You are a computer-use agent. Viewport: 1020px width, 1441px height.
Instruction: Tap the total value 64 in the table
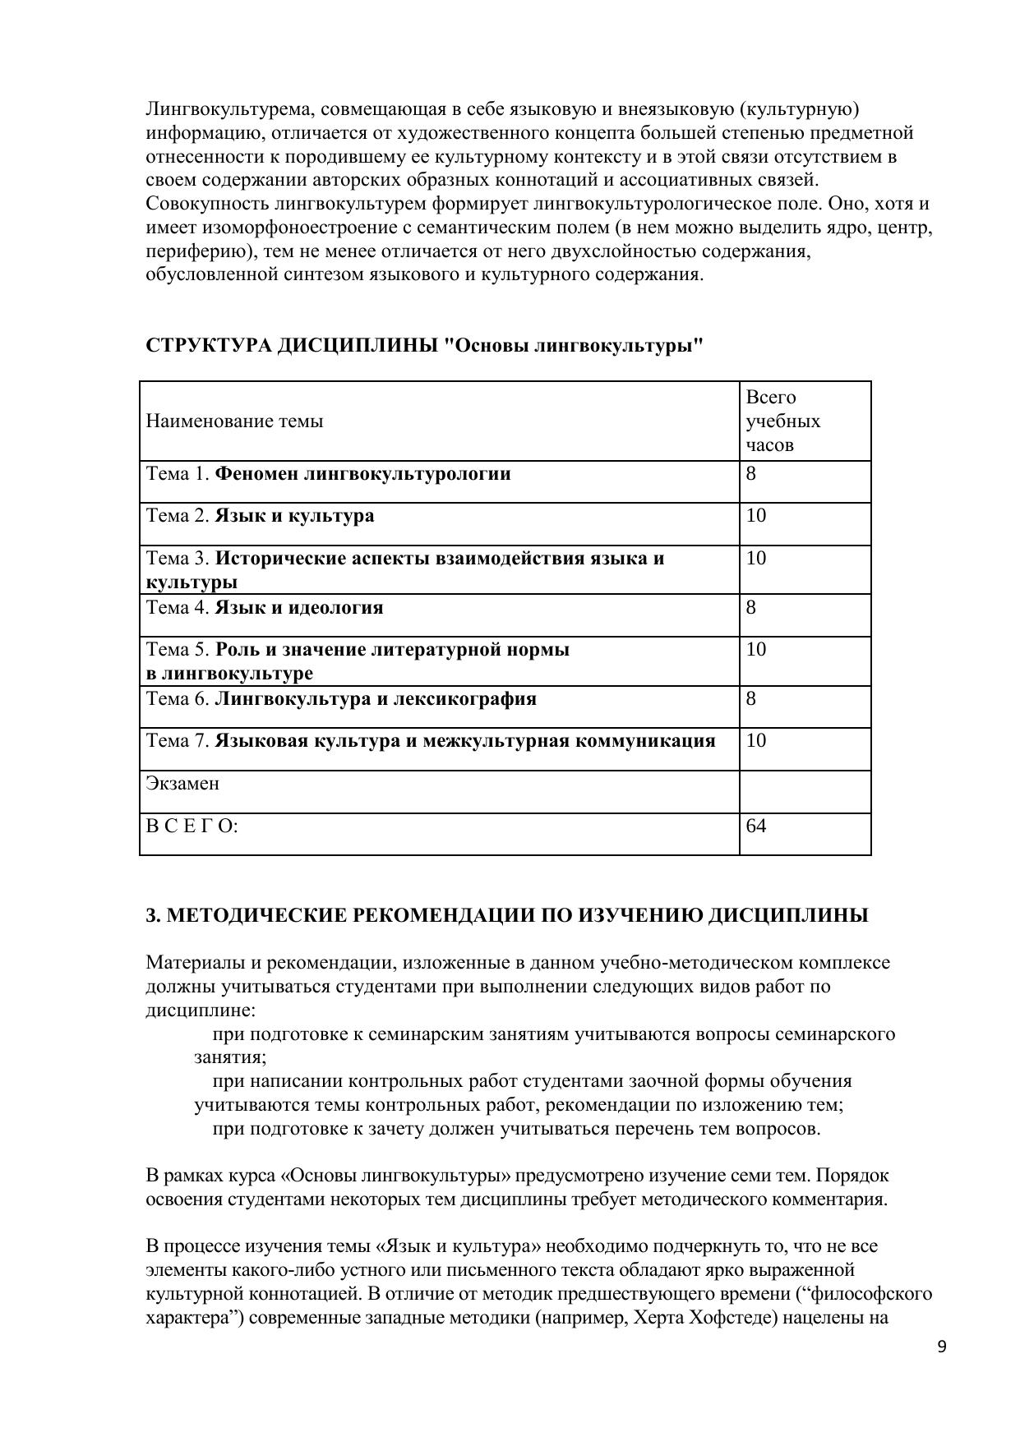click(756, 826)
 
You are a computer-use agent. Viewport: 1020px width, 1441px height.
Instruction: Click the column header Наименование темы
click(234, 421)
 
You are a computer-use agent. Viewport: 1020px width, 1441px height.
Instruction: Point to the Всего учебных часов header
click(782, 421)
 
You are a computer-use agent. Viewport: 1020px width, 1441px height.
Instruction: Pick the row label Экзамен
click(182, 783)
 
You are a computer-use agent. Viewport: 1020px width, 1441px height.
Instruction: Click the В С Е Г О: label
click(192, 826)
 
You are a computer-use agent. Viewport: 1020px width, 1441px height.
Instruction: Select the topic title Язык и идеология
click(299, 608)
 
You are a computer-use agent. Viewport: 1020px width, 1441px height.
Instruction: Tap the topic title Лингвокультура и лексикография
click(376, 699)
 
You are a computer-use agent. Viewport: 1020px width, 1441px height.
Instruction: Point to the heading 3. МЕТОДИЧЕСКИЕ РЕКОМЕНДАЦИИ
click(506, 915)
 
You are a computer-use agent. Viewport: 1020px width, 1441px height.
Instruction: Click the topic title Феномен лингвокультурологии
click(362, 474)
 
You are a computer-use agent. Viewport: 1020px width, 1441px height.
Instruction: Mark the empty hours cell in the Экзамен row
click(804, 791)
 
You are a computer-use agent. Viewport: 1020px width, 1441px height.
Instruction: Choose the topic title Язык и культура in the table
click(294, 516)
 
